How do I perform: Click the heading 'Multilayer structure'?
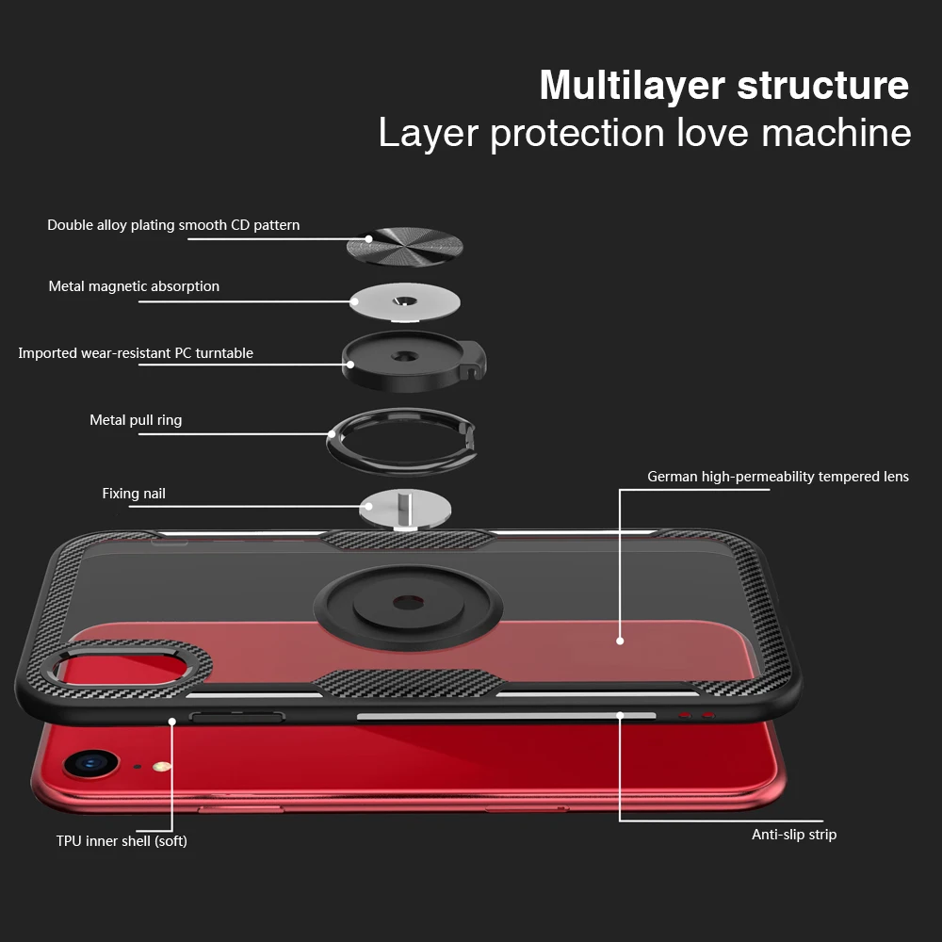coord(723,85)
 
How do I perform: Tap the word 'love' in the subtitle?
coord(713,133)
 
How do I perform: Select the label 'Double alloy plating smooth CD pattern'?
coord(173,225)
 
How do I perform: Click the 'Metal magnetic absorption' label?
coord(134,286)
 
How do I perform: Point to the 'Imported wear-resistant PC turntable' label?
coord(136,353)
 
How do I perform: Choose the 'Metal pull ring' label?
coord(136,420)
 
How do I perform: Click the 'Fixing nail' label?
coord(134,494)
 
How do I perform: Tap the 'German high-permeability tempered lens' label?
coord(777,477)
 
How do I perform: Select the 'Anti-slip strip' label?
coord(793,835)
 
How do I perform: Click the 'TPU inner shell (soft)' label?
coord(122,841)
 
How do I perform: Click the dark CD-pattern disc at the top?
coord(405,245)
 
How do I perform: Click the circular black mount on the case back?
coord(405,603)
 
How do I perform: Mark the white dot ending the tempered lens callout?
coord(620,641)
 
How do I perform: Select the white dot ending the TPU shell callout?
coord(172,722)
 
